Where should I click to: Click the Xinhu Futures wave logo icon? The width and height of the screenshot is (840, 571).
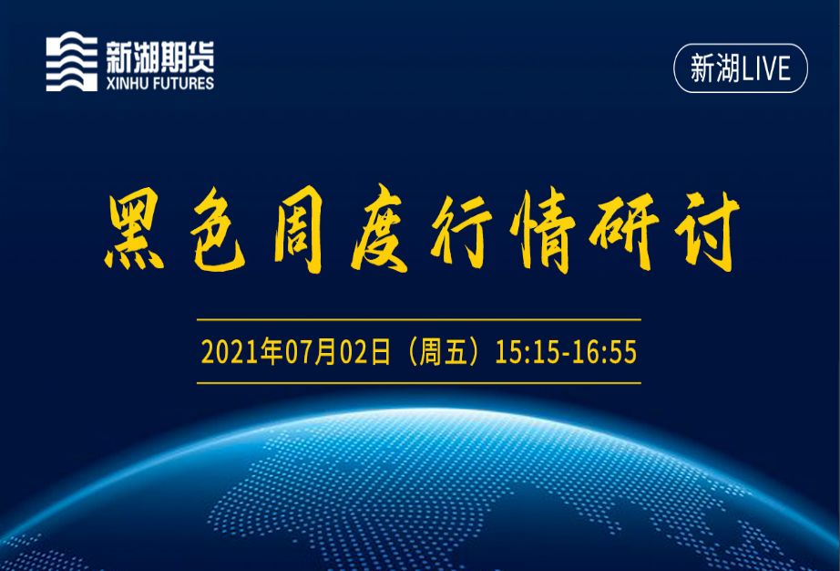point(72,61)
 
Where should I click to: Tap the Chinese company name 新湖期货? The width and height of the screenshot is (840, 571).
point(160,57)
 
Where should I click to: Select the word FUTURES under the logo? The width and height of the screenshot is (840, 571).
point(183,84)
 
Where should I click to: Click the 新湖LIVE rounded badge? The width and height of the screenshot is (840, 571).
point(741,68)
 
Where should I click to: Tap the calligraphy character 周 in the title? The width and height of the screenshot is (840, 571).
point(298,231)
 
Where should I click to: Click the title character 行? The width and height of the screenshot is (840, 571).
point(462,232)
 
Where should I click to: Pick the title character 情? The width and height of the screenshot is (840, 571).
point(542,231)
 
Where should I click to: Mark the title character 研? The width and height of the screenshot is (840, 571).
point(625,232)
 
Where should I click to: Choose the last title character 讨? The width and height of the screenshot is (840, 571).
point(707,232)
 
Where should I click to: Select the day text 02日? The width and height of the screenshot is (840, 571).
point(365,352)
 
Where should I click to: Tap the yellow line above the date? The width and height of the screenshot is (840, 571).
point(419,319)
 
